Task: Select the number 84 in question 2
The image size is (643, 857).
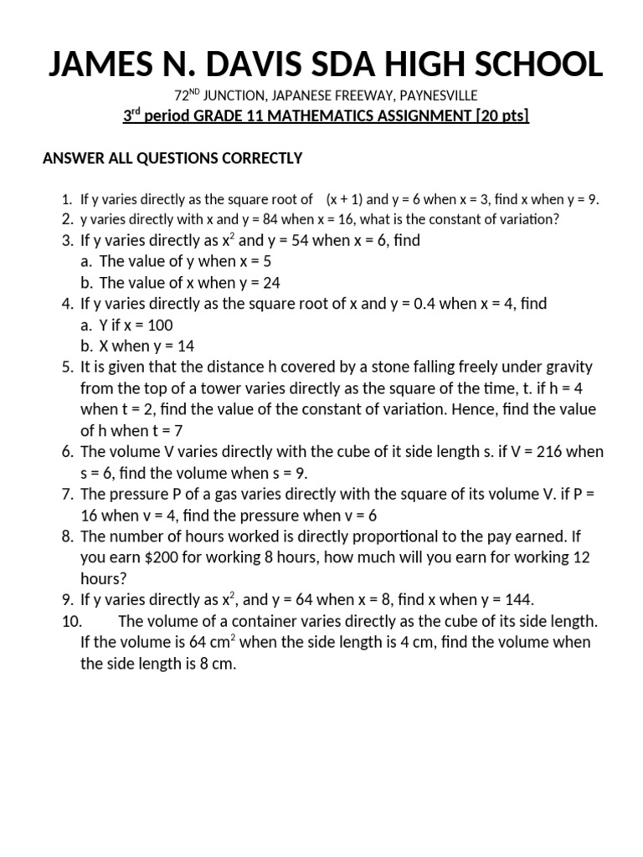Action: tap(235, 220)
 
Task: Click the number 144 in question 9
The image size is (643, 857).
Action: tap(516, 599)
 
